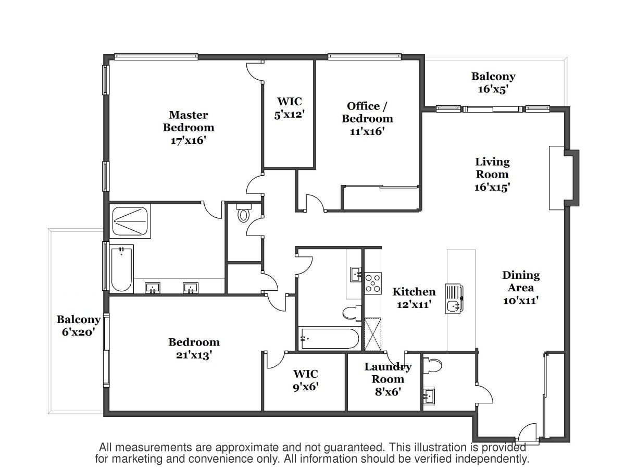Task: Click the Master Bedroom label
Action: click(189, 121)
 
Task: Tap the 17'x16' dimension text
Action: click(188, 140)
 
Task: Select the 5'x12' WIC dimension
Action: click(289, 115)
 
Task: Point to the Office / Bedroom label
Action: click(367, 112)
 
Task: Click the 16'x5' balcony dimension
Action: click(493, 89)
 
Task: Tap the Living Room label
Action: click(492, 168)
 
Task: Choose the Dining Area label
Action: click(521, 281)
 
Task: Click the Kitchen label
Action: click(414, 292)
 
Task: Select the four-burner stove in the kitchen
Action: click(373, 283)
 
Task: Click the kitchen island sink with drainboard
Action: click(454, 299)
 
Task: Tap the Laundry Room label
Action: click(388, 373)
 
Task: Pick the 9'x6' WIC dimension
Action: click(306, 387)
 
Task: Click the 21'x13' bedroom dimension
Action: click(194, 355)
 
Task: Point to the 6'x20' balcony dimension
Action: click(78, 332)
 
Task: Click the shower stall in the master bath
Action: click(130, 221)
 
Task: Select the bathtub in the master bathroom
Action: click(121, 269)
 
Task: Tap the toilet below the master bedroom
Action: click(243, 213)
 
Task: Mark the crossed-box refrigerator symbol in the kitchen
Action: click(373, 335)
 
